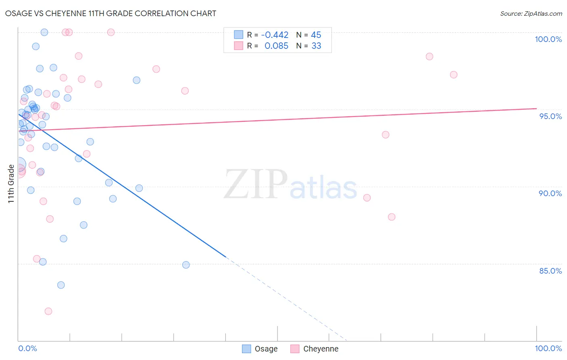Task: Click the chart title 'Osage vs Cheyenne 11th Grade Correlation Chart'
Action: click(110, 13)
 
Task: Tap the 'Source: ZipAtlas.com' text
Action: click(531, 13)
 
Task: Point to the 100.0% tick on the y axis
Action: click(548, 39)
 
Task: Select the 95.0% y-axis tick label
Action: click(550, 116)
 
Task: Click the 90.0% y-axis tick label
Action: click(550, 193)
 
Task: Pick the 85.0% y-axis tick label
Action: click(550, 271)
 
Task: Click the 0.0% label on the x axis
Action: click(27, 348)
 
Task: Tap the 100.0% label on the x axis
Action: click(548, 348)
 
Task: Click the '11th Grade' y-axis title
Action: click(11, 184)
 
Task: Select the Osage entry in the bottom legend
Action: click(260, 349)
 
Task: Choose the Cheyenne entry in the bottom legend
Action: click(315, 349)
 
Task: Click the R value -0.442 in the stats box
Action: click(275, 35)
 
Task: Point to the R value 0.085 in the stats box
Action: click(276, 46)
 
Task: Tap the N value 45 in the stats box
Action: click(316, 35)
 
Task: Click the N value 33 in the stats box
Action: click(316, 46)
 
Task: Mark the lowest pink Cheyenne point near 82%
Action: click(48, 311)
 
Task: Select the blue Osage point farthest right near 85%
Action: click(186, 265)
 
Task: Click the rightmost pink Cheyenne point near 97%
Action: click(454, 75)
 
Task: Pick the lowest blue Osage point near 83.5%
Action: click(61, 285)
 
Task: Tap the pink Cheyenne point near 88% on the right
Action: click(392, 217)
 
